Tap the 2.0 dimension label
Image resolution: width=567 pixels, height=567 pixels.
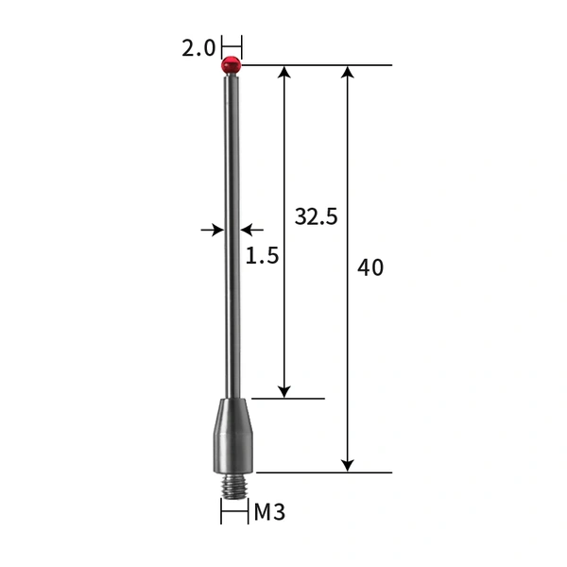[198, 48]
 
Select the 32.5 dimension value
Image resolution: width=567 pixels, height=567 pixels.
[316, 216]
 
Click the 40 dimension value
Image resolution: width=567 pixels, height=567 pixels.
[371, 267]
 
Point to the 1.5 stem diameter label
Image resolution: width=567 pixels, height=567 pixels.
[262, 255]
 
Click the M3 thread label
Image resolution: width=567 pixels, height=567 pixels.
[269, 513]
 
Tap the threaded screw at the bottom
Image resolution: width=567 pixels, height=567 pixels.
[232, 484]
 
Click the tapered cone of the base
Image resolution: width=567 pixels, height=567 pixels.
[232, 414]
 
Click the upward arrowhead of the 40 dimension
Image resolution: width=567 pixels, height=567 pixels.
[348, 73]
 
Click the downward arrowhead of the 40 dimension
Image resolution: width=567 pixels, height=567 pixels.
[348, 464]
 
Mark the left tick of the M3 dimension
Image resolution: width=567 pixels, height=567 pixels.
[221, 511]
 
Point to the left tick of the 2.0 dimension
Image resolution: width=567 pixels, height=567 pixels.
[222, 46]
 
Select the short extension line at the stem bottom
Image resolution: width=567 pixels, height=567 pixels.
[288, 398]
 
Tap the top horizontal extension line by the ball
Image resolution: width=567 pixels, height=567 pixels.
[317, 65]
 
